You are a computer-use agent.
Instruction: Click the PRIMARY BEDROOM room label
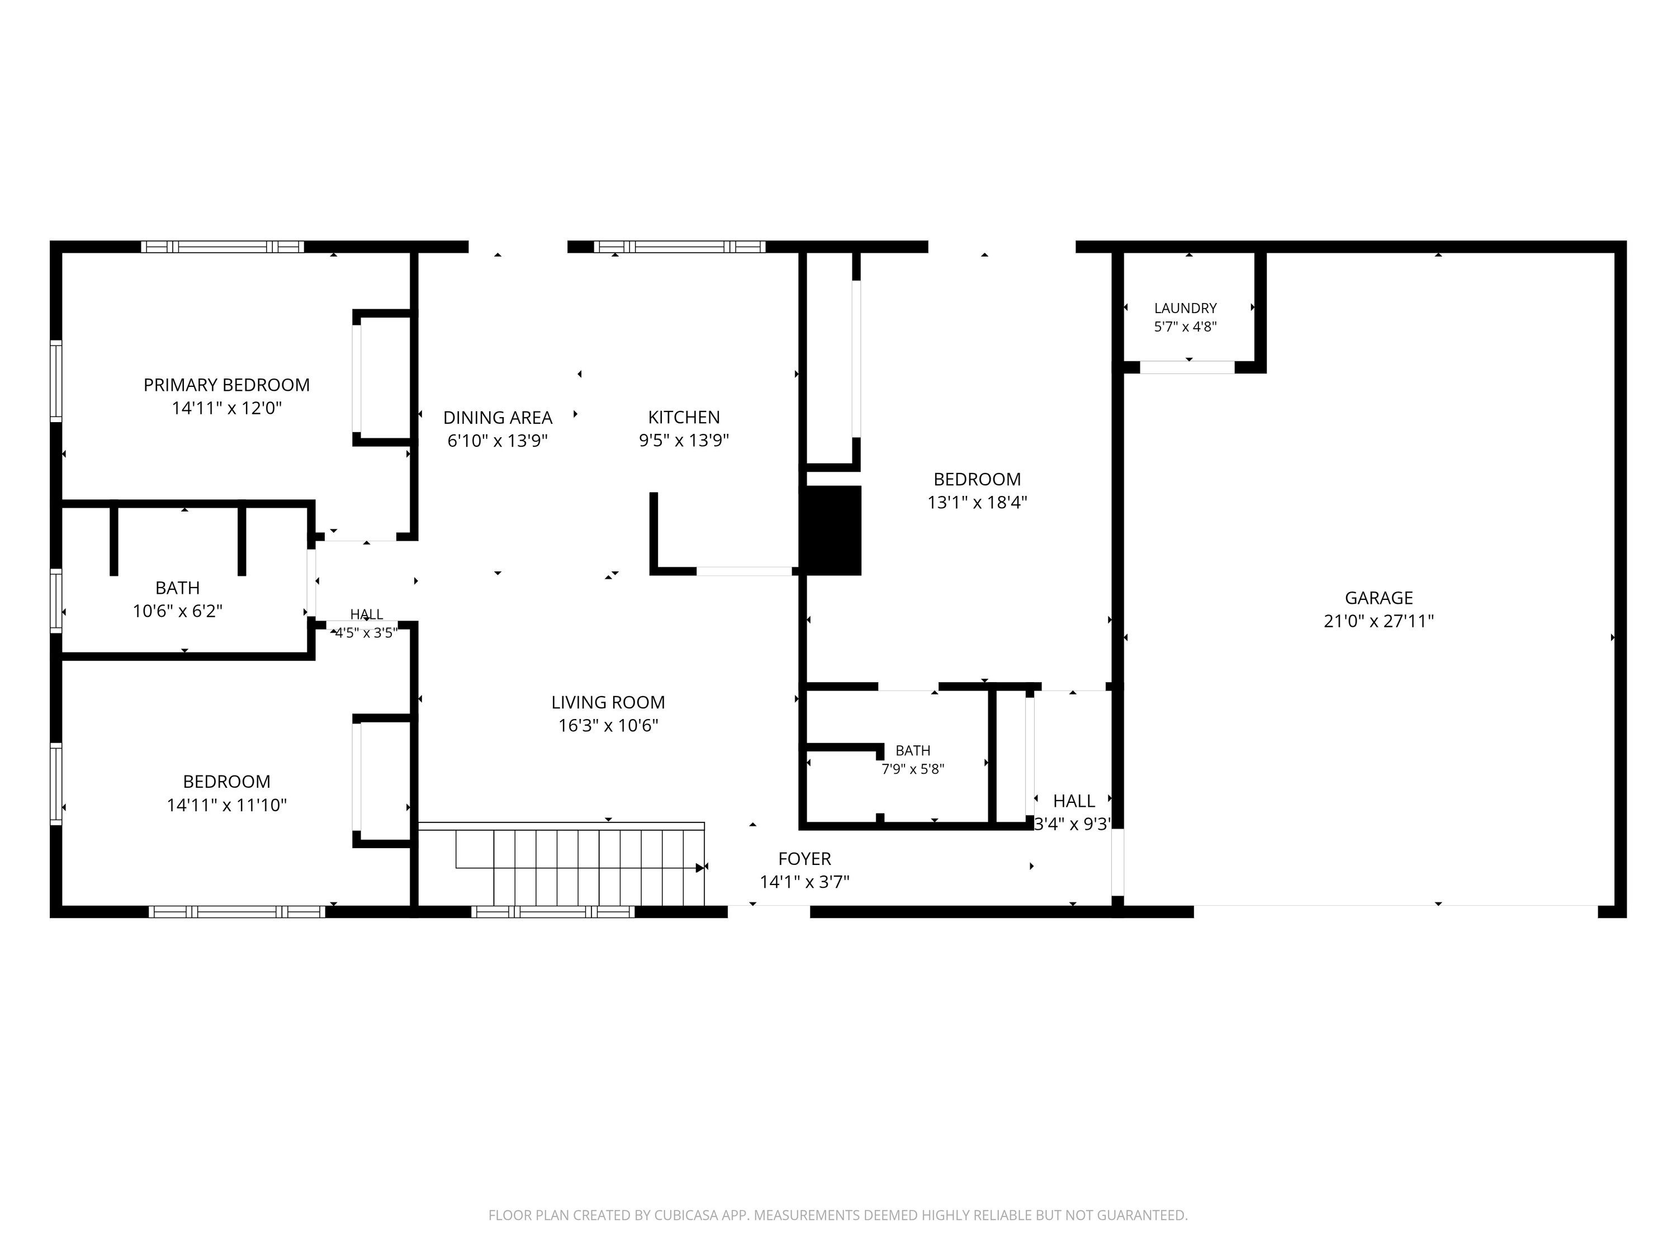227,385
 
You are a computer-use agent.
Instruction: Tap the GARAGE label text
1379,598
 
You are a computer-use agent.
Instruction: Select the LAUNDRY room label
1185,309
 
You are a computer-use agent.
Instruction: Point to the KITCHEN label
684,417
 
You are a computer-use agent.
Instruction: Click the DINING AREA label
498,418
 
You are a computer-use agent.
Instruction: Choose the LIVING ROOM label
608,703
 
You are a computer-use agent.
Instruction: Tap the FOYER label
804,859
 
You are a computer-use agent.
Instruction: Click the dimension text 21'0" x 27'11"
1379,622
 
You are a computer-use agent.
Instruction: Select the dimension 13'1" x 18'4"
977,503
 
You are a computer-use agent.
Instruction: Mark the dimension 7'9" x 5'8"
913,769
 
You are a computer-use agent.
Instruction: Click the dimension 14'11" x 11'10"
227,805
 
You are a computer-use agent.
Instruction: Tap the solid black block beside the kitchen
832,530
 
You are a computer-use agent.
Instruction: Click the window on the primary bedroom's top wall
222,247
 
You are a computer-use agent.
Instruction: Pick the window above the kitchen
679,247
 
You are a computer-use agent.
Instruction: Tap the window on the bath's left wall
55,600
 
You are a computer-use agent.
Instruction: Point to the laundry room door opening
1187,367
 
